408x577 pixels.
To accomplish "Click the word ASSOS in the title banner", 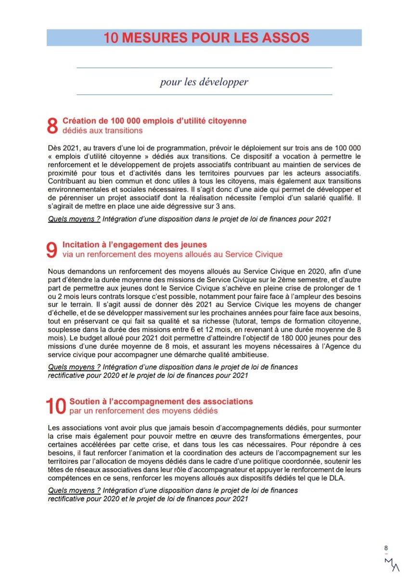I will (283, 38).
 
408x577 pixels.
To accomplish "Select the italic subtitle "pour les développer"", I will (204, 82).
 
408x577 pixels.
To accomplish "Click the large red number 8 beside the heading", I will (52, 126).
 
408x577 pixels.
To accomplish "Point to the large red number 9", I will (52, 250).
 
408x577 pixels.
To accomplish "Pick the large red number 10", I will (56, 406).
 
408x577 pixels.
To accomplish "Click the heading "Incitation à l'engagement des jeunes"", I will (135, 245).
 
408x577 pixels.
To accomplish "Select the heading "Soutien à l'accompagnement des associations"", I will (161, 401).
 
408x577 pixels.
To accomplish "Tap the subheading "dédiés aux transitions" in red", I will (102, 130).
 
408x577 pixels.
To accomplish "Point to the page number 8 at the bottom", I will (386, 548).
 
